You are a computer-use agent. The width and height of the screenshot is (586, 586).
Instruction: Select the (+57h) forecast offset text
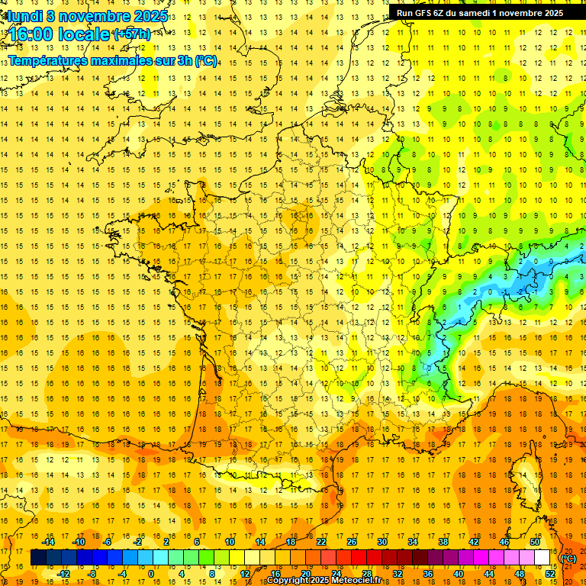pyautogui.click(x=131, y=34)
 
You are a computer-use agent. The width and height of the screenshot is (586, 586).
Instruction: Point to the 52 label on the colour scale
pyautogui.click(x=550, y=573)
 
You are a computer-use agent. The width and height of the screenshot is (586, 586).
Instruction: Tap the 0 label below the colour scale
pyautogui.click(x=150, y=573)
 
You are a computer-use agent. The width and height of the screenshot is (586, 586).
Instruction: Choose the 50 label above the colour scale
pyautogui.click(x=535, y=542)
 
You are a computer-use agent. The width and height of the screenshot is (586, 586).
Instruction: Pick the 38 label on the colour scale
pyautogui.click(x=443, y=542)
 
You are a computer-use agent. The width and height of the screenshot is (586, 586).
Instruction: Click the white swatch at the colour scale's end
pyautogui.click(x=543, y=558)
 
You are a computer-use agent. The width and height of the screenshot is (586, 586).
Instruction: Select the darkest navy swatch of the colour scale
pyautogui.click(x=38, y=558)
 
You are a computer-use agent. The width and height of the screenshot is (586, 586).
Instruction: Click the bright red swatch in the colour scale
pyautogui.click(x=359, y=558)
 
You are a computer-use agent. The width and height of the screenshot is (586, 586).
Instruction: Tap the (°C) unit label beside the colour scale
pyautogui.click(x=568, y=559)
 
